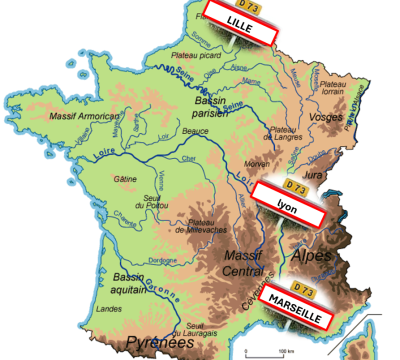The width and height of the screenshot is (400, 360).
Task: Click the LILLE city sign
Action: (241, 23)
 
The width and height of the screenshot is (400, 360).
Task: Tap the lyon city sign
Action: (289, 209)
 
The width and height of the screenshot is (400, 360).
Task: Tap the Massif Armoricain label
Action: (76, 116)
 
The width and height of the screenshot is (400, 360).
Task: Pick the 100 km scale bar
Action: (268, 352)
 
